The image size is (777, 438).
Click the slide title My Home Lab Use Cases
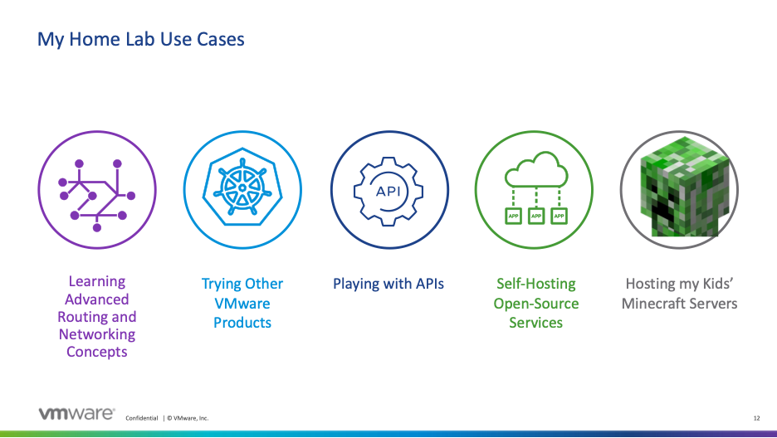pyautogui.click(x=141, y=39)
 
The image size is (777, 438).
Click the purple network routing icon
pyautogui.click(x=97, y=190)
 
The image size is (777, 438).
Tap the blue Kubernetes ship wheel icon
pyautogui.click(x=242, y=190)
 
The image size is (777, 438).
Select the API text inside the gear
pyautogui.click(x=388, y=190)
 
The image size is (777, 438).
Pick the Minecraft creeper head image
pyautogui.click(x=679, y=190)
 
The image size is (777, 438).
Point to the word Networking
pyautogui.click(x=97, y=334)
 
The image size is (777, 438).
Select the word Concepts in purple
pyautogui.click(x=97, y=352)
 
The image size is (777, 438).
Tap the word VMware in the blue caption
pyautogui.click(x=242, y=304)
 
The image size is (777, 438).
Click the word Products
pyautogui.click(x=242, y=322)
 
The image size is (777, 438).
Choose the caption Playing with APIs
pyautogui.click(x=388, y=284)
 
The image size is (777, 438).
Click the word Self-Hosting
pyautogui.click(x=535, y=284)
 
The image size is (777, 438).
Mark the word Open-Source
pyautogui.click(x=535, y=303)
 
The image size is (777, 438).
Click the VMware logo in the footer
pyautogui.click(x=76, y=414)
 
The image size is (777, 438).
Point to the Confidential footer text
pyautogui.click(x=141, y=418)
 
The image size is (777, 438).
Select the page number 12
pyautogui.click(x=756, y=418)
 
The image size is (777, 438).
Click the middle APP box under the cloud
pyautogui.click(x=535, y=217)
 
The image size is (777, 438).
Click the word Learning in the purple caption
pyautogui.click(x=97, y=282)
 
